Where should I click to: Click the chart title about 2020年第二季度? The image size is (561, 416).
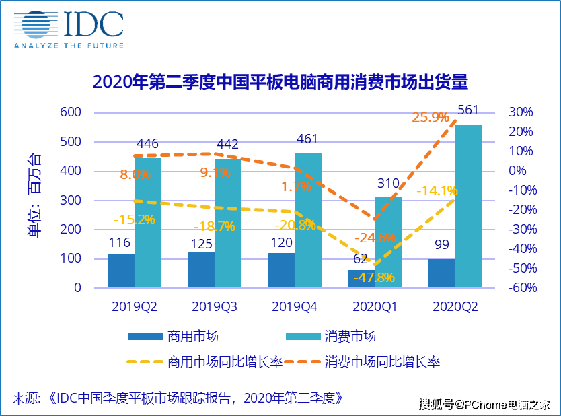tap(280, 82)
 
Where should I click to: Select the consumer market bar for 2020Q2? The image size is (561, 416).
tap(468, 206)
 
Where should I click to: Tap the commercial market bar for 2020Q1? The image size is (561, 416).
tap(361, 279)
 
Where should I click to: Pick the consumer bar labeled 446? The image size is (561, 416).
tap(147, 223)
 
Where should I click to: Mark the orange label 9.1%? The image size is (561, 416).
tap(215, 173)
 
